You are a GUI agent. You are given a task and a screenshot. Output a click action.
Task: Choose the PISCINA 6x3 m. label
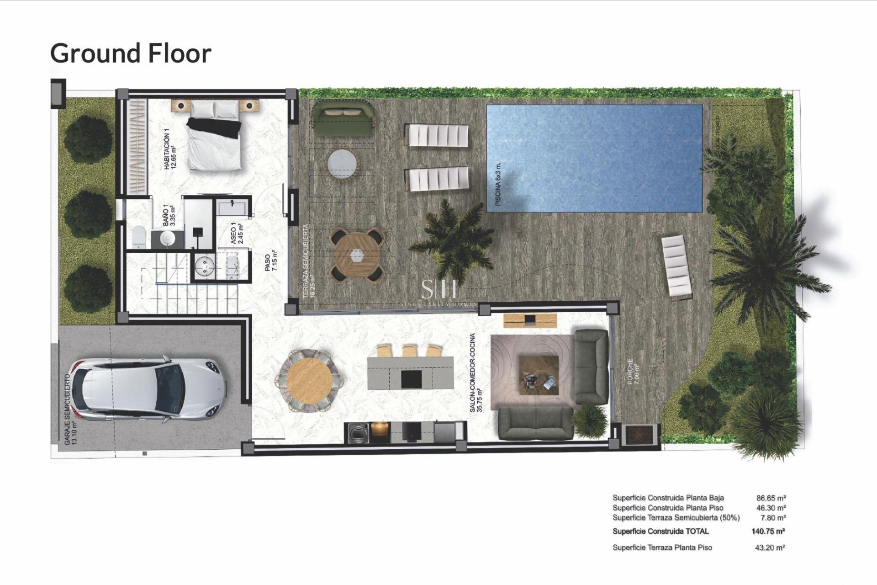[498, 184]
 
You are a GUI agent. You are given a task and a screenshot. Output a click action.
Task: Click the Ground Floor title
[131, 53]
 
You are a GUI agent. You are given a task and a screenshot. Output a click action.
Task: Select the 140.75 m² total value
[768, 531]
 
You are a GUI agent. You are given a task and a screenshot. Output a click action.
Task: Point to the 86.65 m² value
[771, 498]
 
